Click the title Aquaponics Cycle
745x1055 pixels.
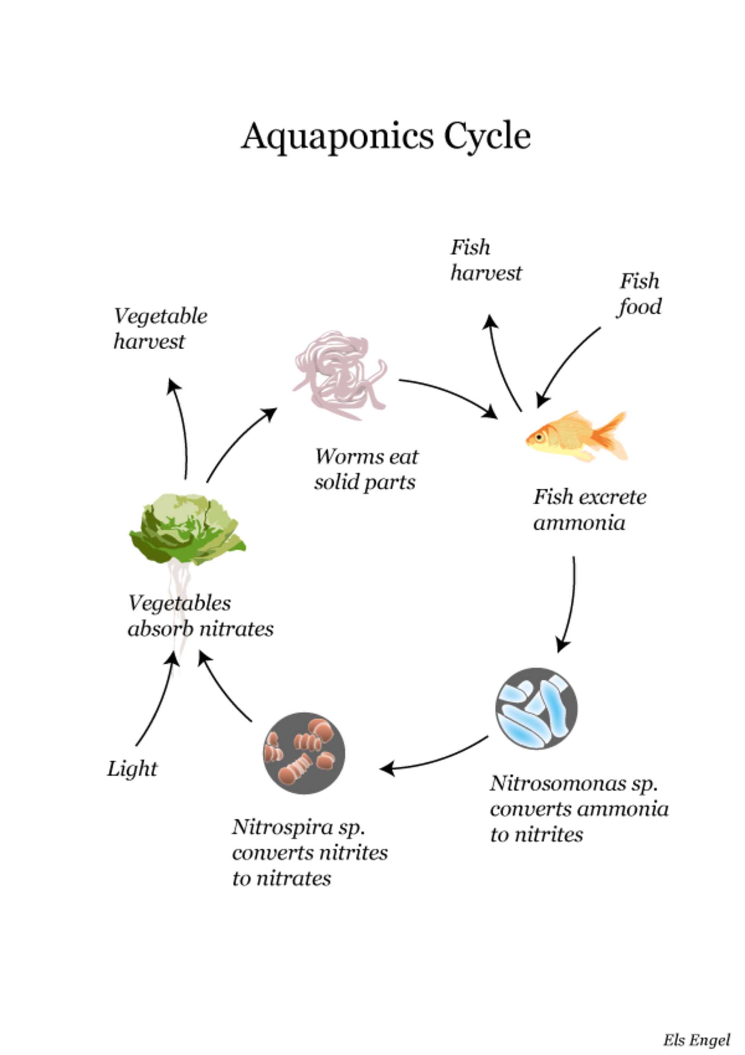(x=386, y=136)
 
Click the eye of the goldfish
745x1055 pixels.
(x=538, y=436)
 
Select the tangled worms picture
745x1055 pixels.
(x=340, y=375)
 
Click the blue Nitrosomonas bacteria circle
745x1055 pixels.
(x=536, y=708)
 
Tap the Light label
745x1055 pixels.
(x=132, y=769)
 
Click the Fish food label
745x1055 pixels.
(x=639, y=294)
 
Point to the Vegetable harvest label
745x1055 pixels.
(x=160, y=328)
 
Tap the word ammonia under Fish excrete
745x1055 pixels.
(x=579, y=523)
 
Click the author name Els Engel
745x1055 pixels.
(x=696, y=1040)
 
